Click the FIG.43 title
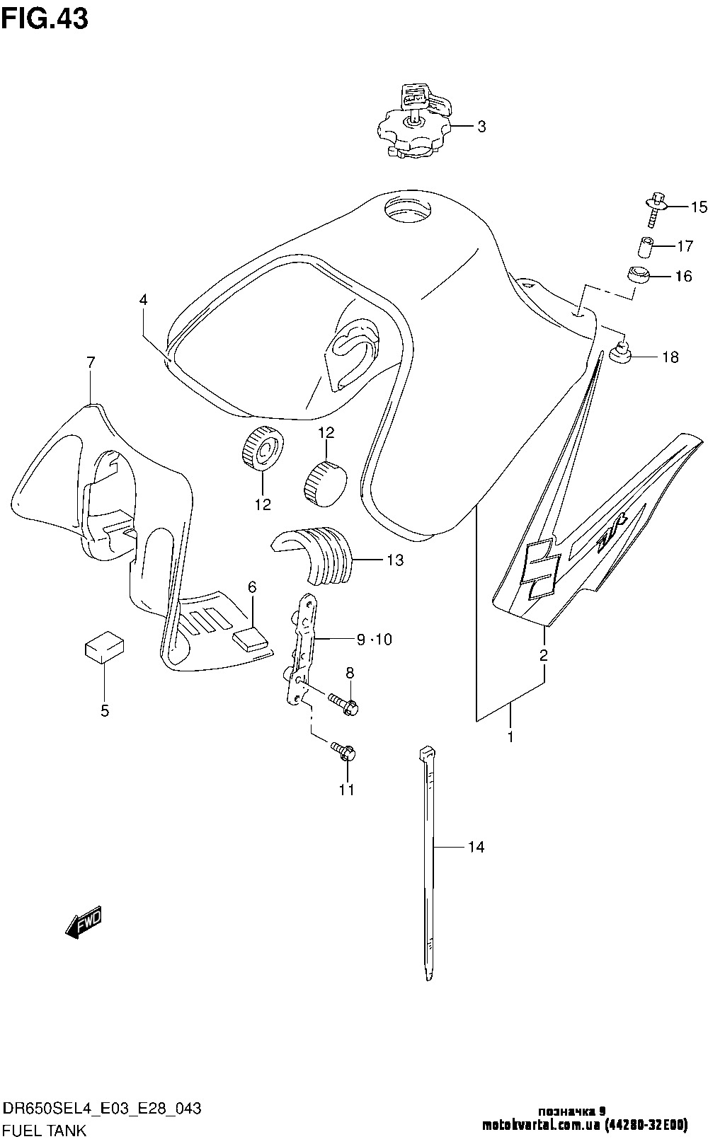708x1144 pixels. pos(45,18)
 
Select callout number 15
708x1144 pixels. pos(699,207)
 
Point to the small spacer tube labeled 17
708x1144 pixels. pos(644,248)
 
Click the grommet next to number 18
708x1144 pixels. pos(619,351)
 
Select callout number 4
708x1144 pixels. pos(143,300)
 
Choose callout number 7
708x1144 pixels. pos(91,363)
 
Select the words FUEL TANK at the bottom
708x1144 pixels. pos(45,1131)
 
